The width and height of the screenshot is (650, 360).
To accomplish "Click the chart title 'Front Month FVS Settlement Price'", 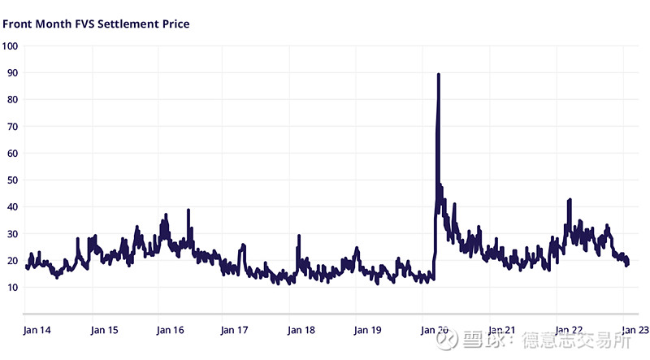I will (x=96, y=24).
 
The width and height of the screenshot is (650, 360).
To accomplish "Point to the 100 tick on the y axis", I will (x=11, y=46).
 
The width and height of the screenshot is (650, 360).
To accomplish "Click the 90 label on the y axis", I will (x=11, y=72).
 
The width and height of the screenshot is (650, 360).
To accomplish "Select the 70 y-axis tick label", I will (x=11, y=126).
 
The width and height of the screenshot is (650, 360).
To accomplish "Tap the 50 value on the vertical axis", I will (x=11, y=180).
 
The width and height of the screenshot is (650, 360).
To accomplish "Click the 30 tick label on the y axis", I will (x=11, y=233).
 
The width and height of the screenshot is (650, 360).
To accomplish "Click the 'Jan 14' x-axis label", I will (x=37, y=330).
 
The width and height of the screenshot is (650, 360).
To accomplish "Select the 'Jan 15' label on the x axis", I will (x=104, y=330).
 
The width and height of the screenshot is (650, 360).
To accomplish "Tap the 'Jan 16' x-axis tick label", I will (x=170, y=330).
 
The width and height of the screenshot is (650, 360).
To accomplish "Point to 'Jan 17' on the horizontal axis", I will (x=236, y=330).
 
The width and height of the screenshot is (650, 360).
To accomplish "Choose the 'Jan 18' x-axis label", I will (x=301, y=330).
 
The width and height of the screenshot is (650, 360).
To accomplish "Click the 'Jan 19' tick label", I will (x=367, y=330).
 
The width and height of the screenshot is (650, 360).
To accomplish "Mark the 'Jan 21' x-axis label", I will (x=500, y=330).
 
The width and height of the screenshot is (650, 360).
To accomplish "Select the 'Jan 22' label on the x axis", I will (x=567, y=330).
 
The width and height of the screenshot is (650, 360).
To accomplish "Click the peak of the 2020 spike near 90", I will (x=439, y=75).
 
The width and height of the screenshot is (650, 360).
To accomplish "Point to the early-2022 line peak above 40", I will (x=570, y=200).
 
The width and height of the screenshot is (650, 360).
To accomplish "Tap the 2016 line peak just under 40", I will (x=188, y=210).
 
